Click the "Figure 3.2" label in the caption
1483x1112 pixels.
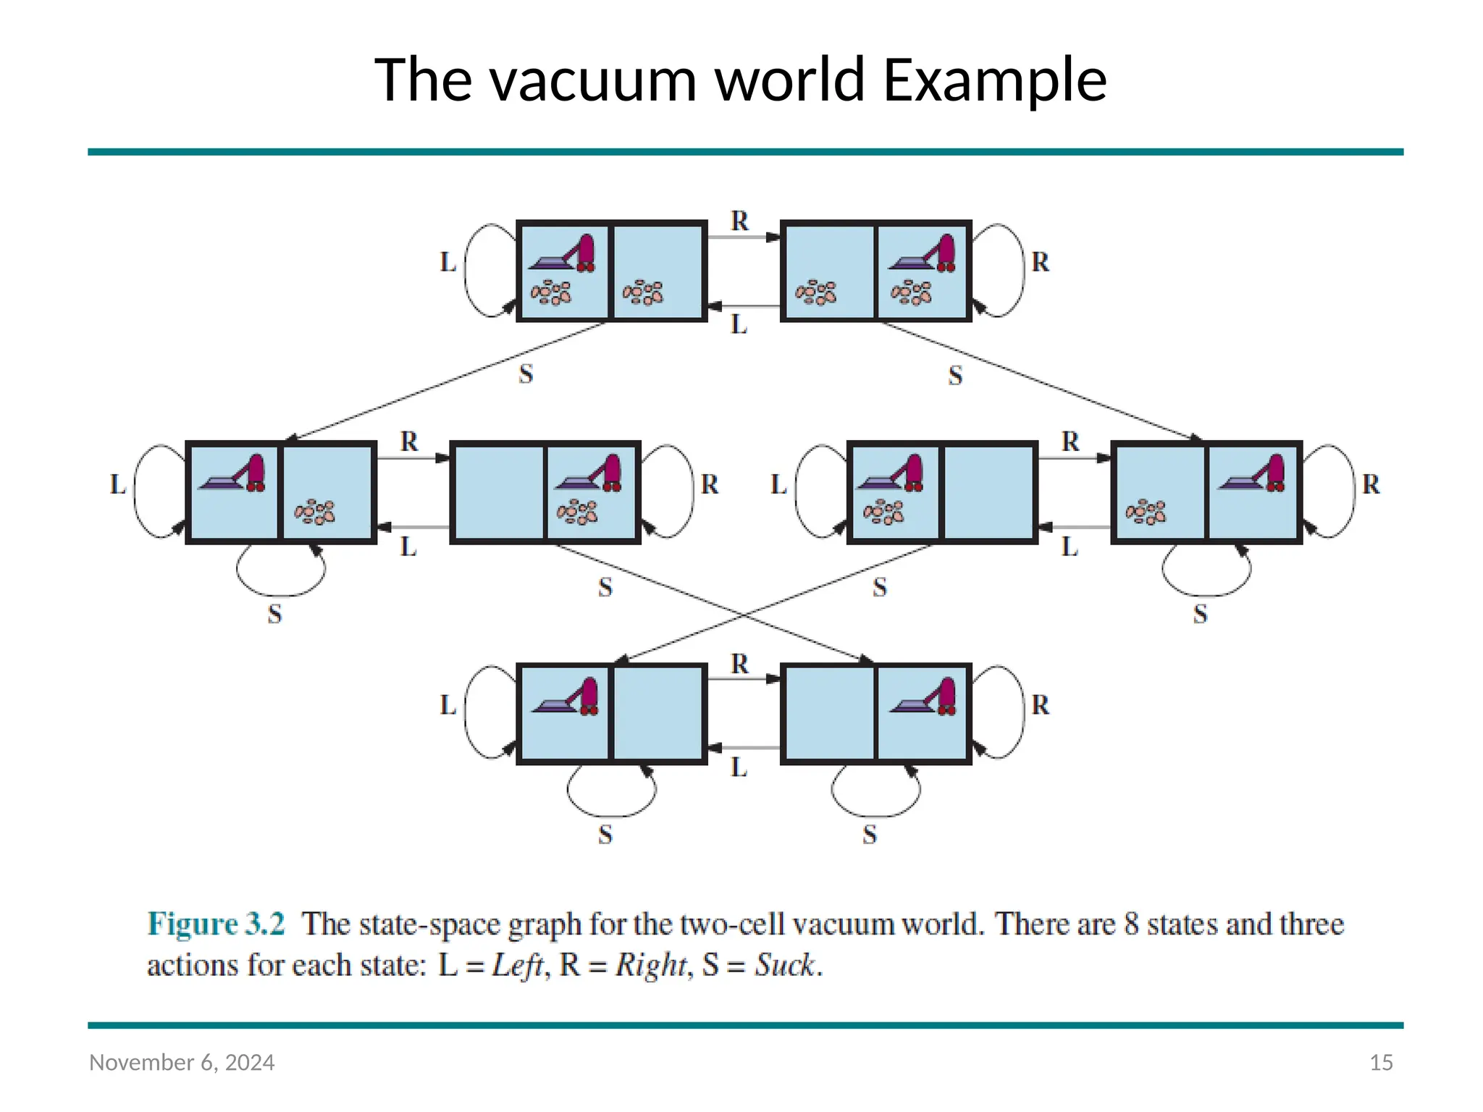click(x=216, y=924)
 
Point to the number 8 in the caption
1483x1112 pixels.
click(x=1131, y=924)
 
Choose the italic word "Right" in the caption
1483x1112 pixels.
click(x=650, y=964)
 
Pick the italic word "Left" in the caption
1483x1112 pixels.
click(x=518, y=964)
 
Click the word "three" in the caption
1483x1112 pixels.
click(x=1311, y=924)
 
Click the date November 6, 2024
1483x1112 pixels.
click(x=182, y=1062)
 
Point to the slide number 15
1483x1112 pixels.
click(x=1381, y=1062)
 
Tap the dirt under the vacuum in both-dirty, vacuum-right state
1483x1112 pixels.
click(x=911, y=293)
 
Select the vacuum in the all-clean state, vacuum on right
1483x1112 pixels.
click(x=924, y=697)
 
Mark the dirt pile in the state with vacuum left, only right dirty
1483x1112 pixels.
click(x=314, y=512)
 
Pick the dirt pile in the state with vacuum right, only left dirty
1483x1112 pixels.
click(x=1146, y=512)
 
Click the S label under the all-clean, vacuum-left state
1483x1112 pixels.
click(x=605, y=834)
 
